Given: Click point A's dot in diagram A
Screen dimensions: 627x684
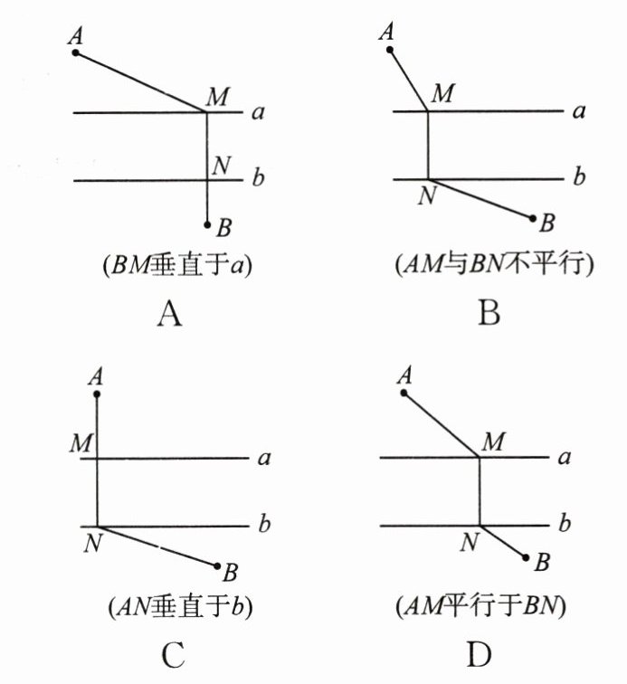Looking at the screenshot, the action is pyautogui.click(x=76, y=53).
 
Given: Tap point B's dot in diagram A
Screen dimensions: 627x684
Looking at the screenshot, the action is pyautogui.click(x=208, y=223).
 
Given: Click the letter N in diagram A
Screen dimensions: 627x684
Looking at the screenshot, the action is pyautogui.click(x=222, y=166).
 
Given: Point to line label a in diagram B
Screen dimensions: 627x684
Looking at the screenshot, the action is pyautogui.click(x=578, y=111).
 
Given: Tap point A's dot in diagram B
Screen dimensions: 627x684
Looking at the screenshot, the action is pyautogui.click(x=390, y=48).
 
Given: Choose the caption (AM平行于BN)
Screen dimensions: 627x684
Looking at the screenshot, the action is pyautogui.click(x=480, y=606).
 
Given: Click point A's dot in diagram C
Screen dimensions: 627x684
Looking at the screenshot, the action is pyautogui.click(x=97, y=394).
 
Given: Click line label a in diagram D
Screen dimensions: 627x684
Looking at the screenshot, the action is pyautogui.click(x=565, y=459).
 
